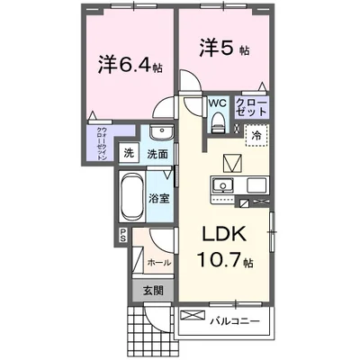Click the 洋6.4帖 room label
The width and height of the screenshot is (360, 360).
(130, 66)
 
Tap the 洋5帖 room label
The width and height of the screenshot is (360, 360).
(224, 49)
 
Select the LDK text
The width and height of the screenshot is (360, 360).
(225, 233)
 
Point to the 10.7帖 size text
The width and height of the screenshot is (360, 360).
(225, 260)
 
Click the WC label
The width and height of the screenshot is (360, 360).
(218, 103)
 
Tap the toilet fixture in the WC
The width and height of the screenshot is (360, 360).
(218, 122)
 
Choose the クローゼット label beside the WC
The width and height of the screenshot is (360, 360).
(251, 108)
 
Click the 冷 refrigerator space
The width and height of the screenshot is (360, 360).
(256, 135)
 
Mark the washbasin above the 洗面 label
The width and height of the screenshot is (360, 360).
(161, 132)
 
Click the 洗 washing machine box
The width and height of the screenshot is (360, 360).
(129, 153)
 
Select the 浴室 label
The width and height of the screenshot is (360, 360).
(159, 198)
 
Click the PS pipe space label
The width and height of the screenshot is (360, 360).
(123, 235)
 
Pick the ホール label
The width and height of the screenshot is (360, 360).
(159, 263)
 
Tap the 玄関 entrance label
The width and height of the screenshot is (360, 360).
(154, 290)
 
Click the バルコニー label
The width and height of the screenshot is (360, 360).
(234, 321)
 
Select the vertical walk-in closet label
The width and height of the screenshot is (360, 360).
(103, 144)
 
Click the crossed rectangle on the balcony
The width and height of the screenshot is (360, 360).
(193, 316)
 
